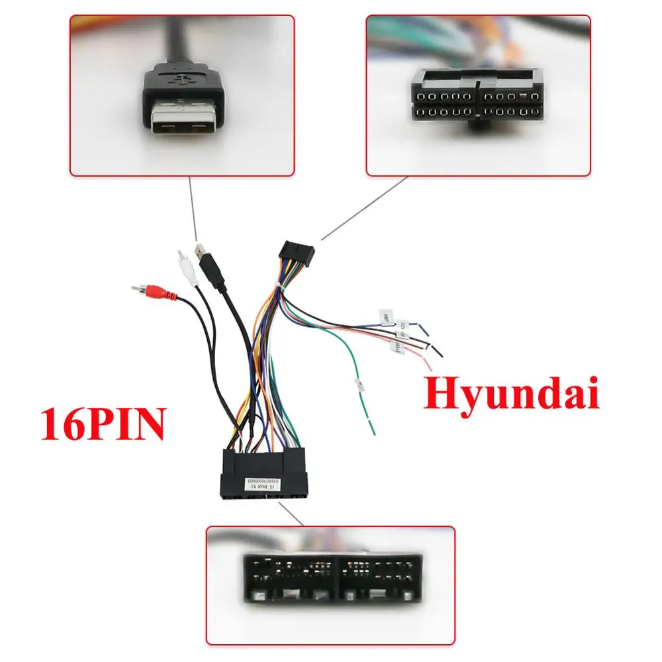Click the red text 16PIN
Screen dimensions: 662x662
coord(103,424)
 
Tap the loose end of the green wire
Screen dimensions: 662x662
coord(374,433)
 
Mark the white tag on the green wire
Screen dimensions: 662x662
coord(357,386)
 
